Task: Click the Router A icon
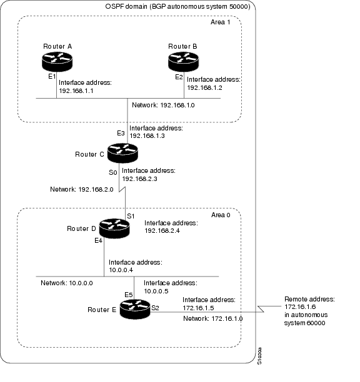(57, 62)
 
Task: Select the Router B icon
(183, 62)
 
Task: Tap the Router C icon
(122, 153)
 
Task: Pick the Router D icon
(114, 228)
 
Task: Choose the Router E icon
(135, 309)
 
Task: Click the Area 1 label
(220, 22)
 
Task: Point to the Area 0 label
(221, 215)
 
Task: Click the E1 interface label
(52, 77)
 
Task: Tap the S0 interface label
(113, 172)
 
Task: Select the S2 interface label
(155, 308)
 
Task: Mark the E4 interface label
(98, 241)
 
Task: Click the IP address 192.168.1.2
(204, 88)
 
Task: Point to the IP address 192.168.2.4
(162, 230)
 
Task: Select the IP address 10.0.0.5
(156, 291)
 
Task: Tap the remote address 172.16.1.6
(300, 306)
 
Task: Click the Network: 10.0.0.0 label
(67, 283)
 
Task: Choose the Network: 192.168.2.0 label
(82, 189)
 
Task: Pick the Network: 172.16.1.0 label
(213, 318)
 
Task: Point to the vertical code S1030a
(259, 356)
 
